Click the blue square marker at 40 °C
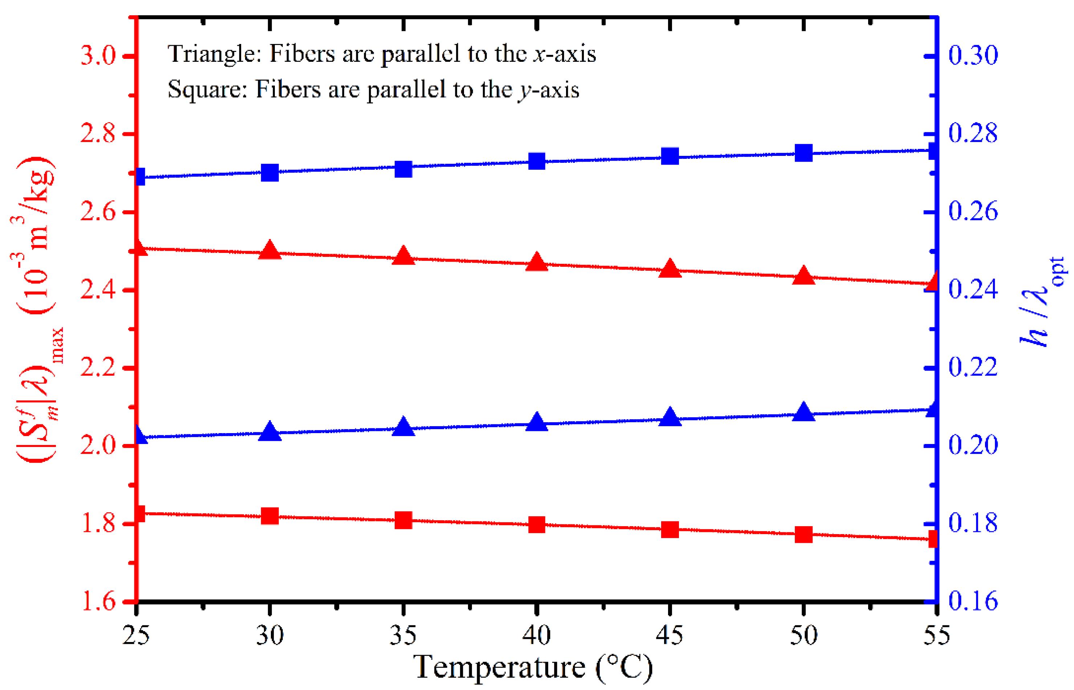coord(536,161)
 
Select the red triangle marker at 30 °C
coord(269,250)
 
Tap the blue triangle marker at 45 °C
coord(670,417)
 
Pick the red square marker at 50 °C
coord(803,534)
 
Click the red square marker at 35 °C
coord(403,521)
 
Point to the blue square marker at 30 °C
coord(269,173)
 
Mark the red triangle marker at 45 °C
coord(670,269)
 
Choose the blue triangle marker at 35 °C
coord(403,427)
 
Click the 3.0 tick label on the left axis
coord(98,56)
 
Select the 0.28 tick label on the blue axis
coord(973,134)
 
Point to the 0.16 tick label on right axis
coord(973,602)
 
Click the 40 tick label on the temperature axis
coord(536,635)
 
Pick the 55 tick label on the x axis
coord(936,635)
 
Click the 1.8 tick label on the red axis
coord(98,524)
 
